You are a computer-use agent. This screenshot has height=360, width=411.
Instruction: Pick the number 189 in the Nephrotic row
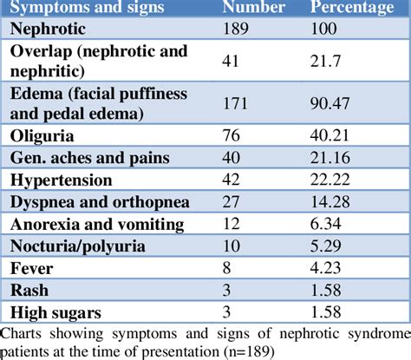238,29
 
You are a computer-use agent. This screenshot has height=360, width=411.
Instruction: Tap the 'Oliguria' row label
43,136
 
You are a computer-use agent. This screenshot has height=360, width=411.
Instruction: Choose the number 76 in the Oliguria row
233,136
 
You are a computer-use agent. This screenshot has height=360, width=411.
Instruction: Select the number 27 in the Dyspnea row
233,202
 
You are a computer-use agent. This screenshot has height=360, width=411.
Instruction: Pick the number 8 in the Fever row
229,268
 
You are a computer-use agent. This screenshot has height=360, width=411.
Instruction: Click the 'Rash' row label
30,290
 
